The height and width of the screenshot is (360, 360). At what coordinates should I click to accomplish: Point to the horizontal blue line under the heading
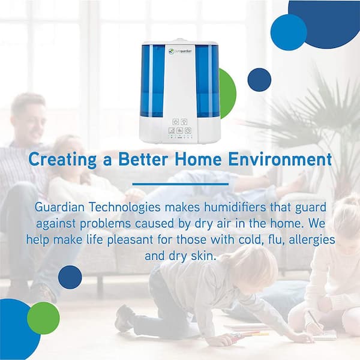(180, 184)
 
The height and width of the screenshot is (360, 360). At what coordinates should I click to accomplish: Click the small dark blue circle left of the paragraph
(70, 277)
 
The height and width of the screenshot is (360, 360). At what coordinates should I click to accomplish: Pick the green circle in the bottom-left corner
(43, 317)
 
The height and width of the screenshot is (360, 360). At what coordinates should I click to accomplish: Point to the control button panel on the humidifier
(180, 128)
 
